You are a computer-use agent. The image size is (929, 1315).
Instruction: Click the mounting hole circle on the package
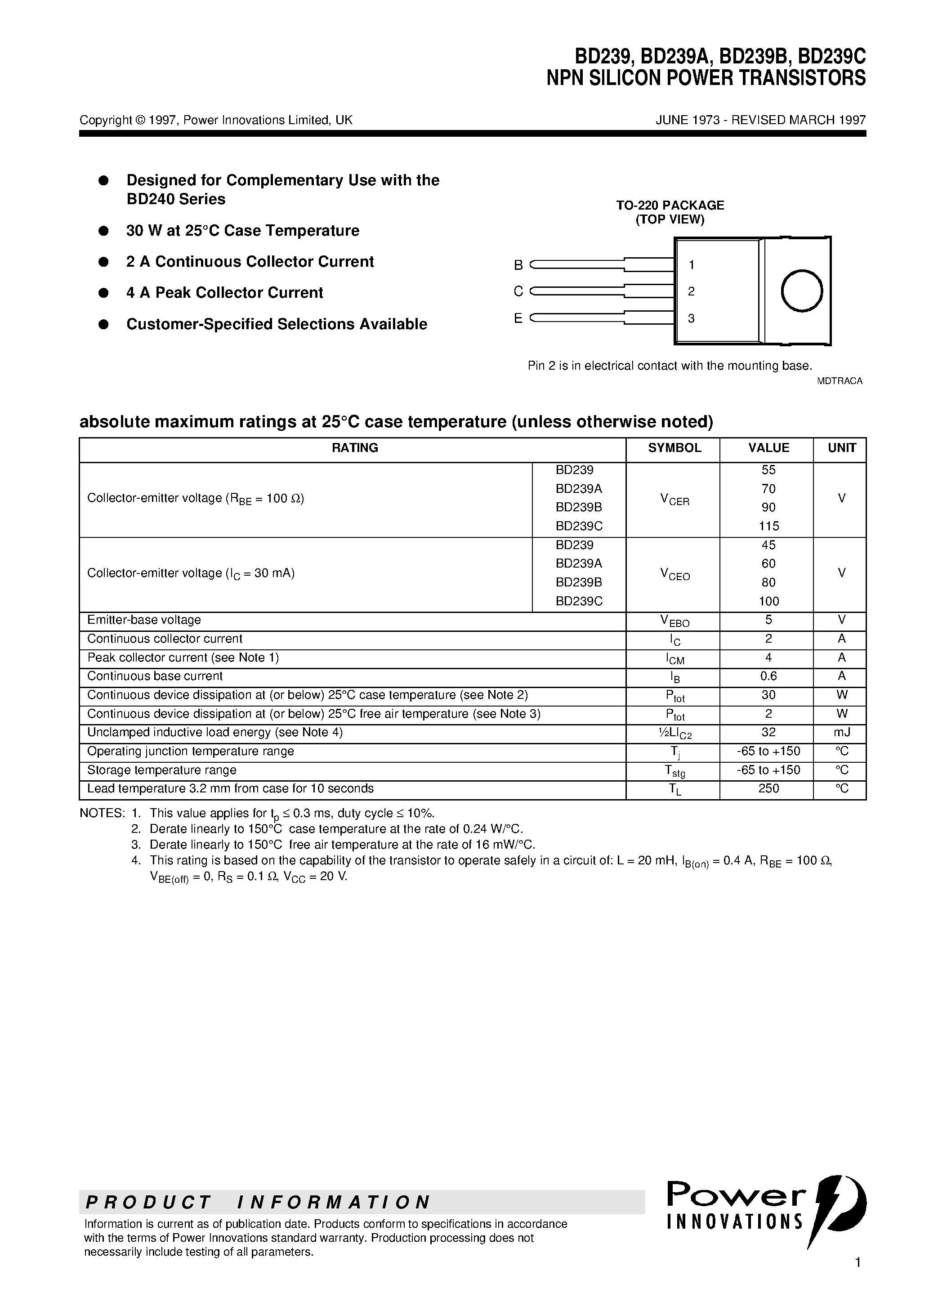click(801, 291)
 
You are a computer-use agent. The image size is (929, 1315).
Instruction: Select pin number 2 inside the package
click(691, 291)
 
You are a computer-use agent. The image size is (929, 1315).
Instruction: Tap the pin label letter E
click(518, 318)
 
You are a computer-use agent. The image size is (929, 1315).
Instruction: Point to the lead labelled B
click(578, 264)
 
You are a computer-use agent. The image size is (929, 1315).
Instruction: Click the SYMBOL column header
click(674, 448)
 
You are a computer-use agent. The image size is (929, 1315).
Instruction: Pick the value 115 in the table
click(768, 526)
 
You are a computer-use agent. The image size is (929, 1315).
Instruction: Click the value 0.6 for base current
click(768, 676)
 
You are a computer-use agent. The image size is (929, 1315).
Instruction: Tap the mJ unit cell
click(841, 732)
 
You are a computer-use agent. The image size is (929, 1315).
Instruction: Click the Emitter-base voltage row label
click(144, 620)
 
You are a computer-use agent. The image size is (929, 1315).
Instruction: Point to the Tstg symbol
click(674, 771)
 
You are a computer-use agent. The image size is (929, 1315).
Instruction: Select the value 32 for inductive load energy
click(768, 732)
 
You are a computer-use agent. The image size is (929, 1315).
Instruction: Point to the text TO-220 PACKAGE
click(670, 205)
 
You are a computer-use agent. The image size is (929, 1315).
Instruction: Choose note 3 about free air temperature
click(342, 844)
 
